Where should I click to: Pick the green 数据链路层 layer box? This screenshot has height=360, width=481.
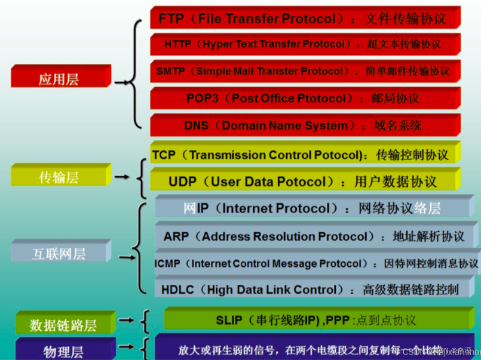coord(63,325)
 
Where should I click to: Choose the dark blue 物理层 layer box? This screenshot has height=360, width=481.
coord(63,350)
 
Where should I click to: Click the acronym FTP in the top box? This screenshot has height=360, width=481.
coord(171,19)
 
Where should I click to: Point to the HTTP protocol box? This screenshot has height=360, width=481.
coord(305,44)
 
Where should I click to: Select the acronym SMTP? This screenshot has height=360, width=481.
coord(171,71)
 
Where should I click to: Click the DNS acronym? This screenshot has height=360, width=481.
coord(197,125)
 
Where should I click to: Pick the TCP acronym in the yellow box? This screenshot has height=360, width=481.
coord(164,155)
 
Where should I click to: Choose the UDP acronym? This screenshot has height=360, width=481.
coord(183,181)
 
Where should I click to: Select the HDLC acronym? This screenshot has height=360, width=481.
coord(177,290)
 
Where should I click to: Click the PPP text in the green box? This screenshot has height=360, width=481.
coord(340,321)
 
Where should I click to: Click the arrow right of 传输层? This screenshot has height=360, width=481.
coord(122,177)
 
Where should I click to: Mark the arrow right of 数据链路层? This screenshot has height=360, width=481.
coord(125,321)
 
